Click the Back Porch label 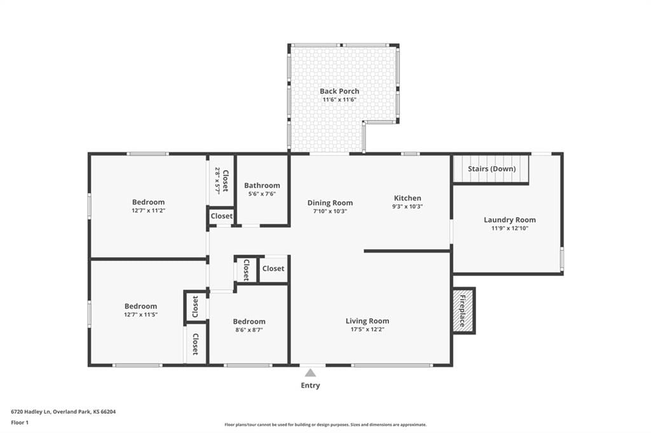[x=339, y=91]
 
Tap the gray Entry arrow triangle [x=310, y=373]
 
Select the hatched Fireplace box [x=463, y=310]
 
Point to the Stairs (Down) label [x=491, y=169]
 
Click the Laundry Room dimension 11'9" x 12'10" [x=510, y=228]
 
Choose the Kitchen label [x=408, y=198]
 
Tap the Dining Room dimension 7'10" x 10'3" [x=330, y=211]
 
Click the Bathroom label [x=262, y=185]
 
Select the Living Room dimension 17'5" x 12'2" [x=367, y=330]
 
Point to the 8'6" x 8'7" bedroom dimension [x=249, y=330]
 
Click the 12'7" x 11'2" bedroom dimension [x=149, y=210]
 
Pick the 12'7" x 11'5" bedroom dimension [x=140, y=314]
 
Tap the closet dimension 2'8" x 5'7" [x=217, y=181]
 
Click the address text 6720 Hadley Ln [x=31, y=412]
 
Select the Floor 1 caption [x=20, y=423]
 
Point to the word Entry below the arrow [x=310, y=385]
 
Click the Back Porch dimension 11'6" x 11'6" [x=339, y=100]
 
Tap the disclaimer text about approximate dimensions [x=325, y=425]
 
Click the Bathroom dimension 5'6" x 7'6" [x=262, y=194]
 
